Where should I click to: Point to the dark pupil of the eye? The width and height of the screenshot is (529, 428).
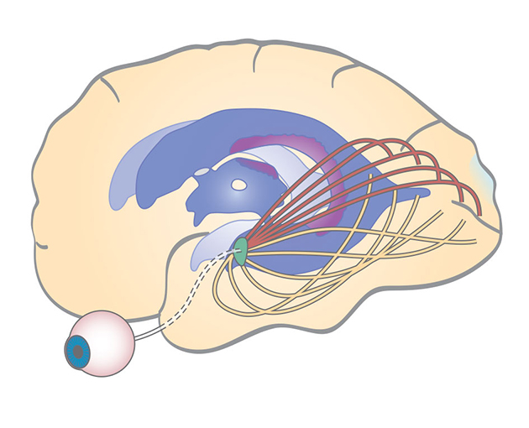(x=78, y=352)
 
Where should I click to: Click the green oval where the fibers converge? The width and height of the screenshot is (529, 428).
(x=241, y=247)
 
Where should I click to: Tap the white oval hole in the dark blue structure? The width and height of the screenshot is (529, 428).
(x=239, y=185)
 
